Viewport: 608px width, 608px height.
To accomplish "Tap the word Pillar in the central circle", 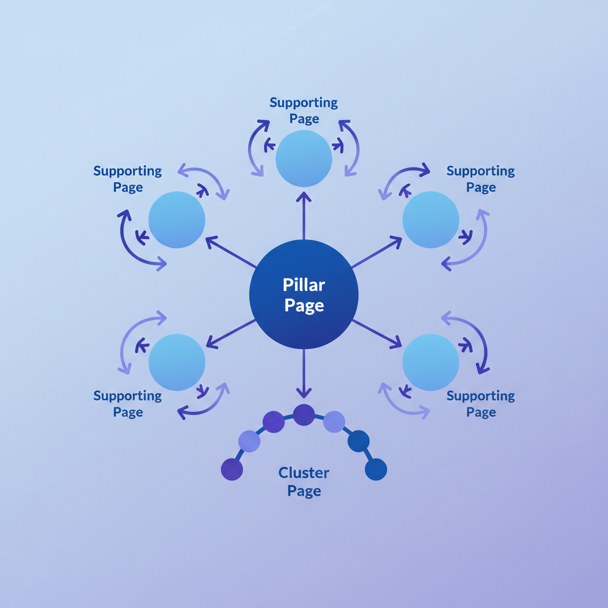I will click(303, 285).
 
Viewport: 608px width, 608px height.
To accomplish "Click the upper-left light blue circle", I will click(176, 219).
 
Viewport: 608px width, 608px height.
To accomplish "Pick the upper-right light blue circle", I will click(430, 219).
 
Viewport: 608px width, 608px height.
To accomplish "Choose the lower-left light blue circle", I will click(176, 362).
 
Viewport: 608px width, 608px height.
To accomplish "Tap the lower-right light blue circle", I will click(430, 362).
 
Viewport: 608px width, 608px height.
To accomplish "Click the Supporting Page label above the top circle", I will click(303, 110).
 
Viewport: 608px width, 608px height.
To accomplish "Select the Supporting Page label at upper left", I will click(127, 179).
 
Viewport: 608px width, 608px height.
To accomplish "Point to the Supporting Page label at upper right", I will click(480, 179).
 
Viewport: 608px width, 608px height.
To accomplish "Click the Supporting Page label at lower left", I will click(127, 404).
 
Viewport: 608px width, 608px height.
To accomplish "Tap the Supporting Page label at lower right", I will click(480, 404).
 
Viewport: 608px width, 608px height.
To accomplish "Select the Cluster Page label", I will click(304, 482).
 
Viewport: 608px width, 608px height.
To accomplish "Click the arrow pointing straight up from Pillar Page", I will click(303, 214).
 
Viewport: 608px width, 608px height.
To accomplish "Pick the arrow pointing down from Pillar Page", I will click(303, 374).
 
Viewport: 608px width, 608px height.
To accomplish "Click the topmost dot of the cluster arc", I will click(303, 414).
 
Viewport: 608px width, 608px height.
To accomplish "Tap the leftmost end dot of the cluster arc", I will click(232, 469).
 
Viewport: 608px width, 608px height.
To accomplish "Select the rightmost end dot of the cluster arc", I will click(376, 469).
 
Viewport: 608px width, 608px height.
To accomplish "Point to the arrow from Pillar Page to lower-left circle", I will click(230, 333).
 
